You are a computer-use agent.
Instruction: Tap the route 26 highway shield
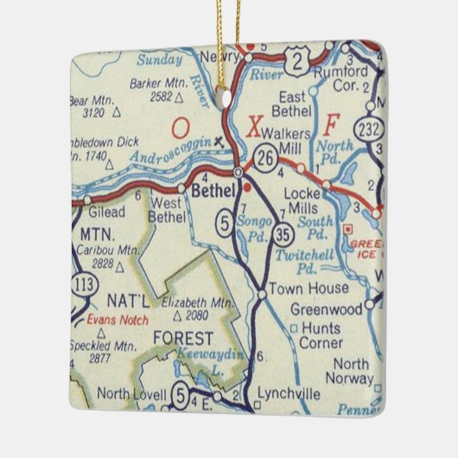pyautogui.click(x=266, y=157)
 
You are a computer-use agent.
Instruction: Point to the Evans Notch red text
pyautogui.click(x=116, y=319)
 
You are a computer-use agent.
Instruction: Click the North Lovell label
pyautogui.click(x=131, y=394)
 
